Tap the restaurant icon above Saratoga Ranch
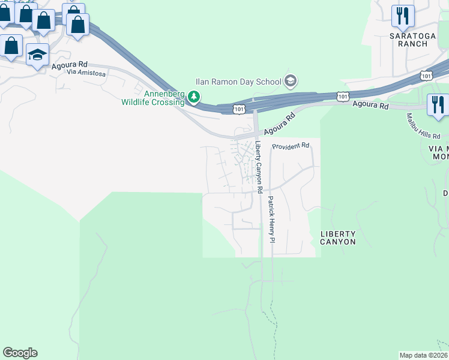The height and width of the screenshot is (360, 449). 403,15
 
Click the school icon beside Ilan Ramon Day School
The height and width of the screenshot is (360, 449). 291,81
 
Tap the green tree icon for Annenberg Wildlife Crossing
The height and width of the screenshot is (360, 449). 193,96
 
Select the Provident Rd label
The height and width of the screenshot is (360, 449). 290,146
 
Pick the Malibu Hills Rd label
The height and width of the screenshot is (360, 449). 415,125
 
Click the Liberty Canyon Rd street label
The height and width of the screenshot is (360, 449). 259,166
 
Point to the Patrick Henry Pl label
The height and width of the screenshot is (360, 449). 271,219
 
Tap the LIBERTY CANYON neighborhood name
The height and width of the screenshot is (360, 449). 338,238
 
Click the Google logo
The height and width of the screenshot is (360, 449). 20,353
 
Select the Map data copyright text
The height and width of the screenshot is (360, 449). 423,355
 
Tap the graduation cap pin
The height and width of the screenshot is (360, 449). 37,55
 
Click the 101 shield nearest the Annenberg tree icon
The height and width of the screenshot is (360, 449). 238,109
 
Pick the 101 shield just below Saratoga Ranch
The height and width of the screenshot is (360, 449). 426,76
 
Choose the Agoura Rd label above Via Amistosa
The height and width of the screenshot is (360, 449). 70,65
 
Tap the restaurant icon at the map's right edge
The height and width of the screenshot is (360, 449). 437,104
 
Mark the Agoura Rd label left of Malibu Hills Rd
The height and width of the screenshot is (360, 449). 371,106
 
